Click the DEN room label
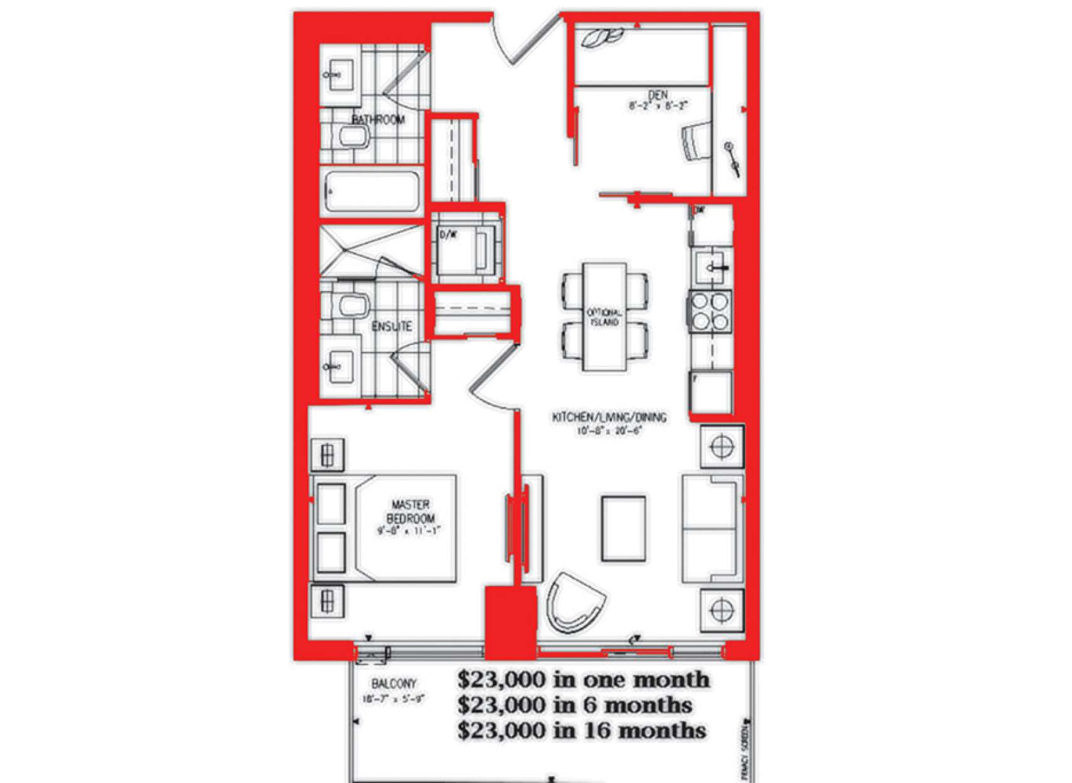click(x=658, y=95)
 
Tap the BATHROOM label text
click(x=377, y=119)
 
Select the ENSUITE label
click(x=392, y=326)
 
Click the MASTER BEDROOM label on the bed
click(x=411, y=511)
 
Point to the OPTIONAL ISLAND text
click(x=604, y=317)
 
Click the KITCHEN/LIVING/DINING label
click(x=609, y=417)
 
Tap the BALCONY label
click(x=394, y=684)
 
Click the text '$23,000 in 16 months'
click(x=582, y=731)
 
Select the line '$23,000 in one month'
click(x=583, y=680)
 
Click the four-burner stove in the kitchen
click(x=710, y=312)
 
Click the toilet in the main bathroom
click(x=353, y=136)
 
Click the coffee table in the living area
click(x=623, y=528)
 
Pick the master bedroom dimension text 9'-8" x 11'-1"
click(x=409, y=531)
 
